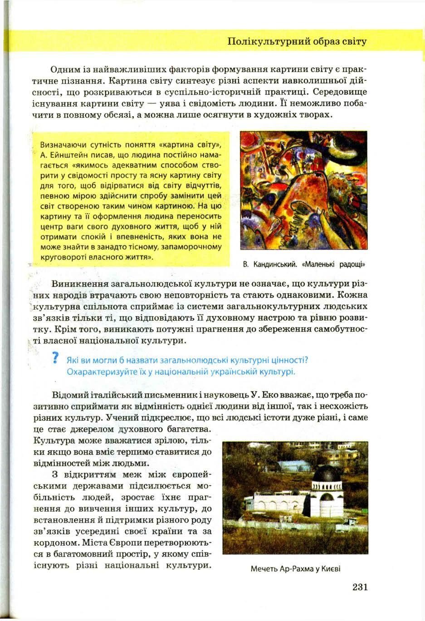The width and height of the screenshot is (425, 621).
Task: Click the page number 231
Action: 359,587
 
